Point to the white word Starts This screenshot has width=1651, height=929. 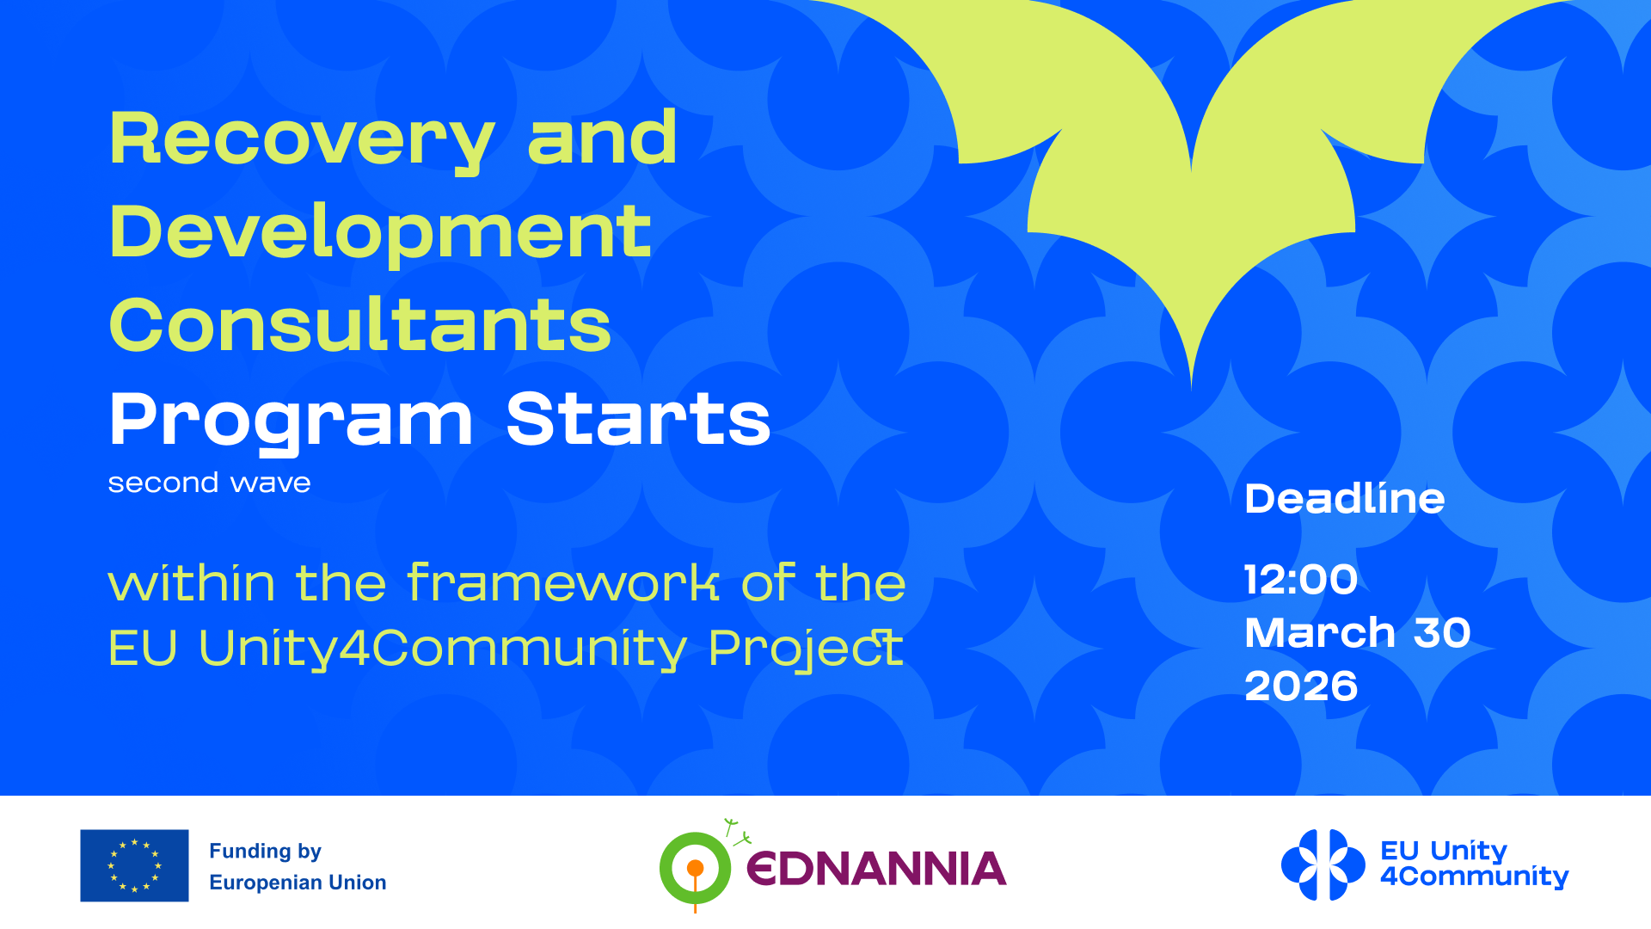(638, 419)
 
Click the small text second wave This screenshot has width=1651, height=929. (209, 483)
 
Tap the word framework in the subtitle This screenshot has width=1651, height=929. (563, 582)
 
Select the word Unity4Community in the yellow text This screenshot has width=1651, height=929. (443, 649)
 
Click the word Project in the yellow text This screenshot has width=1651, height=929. (806, 649)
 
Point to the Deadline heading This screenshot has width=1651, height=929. (1345, 499)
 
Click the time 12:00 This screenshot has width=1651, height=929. (1301, 580)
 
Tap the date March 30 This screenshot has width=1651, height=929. (1358, 633)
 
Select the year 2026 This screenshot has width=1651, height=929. (1301, 686)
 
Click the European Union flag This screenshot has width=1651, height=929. (134, 865)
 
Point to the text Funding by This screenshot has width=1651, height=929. (265, 852)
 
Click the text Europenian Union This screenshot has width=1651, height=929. (298, 883)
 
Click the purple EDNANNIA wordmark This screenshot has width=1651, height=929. (876, 869)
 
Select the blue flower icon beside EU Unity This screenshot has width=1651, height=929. (1323, 865)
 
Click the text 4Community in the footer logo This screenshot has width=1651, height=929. (1474, 877)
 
